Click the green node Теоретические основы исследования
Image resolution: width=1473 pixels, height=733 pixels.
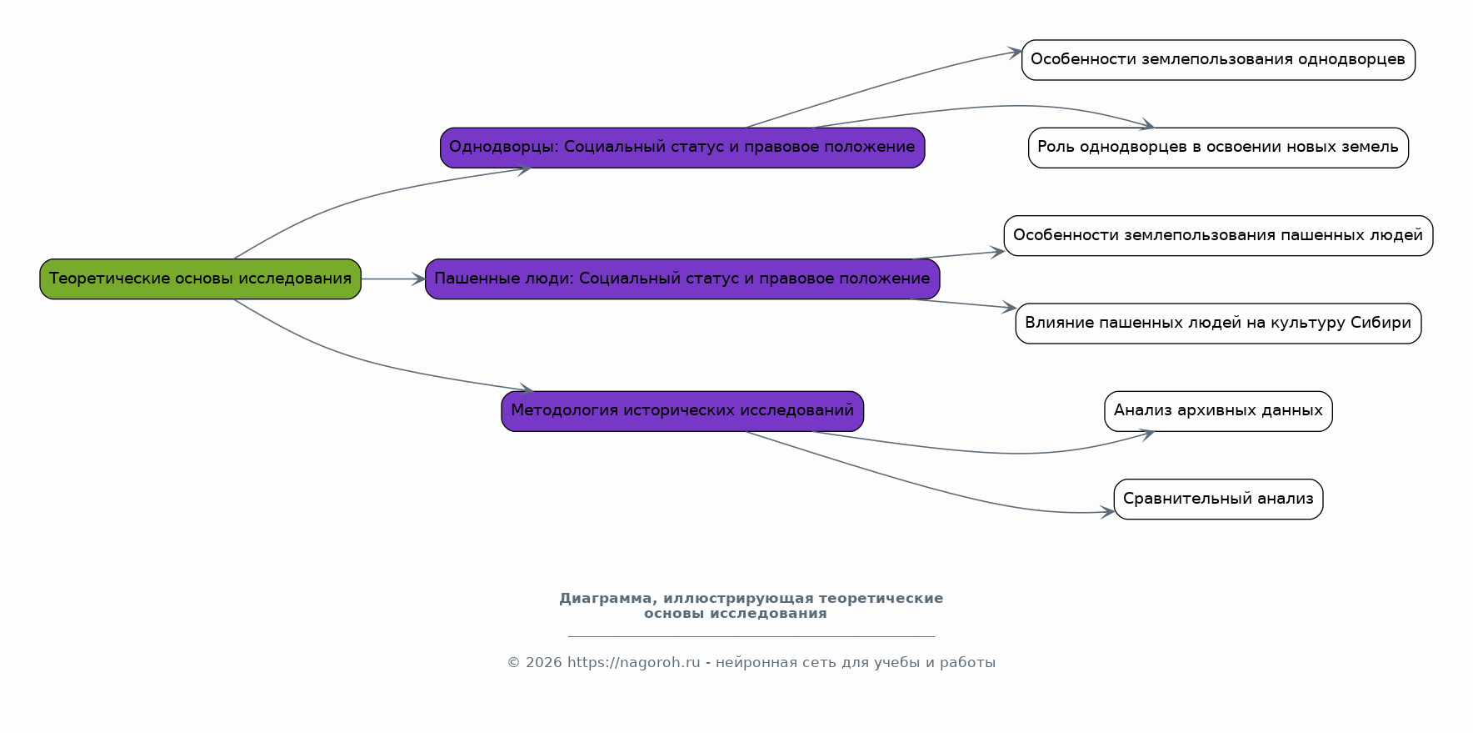pos(200,279)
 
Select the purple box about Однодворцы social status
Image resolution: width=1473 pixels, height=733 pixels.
pos(682,148)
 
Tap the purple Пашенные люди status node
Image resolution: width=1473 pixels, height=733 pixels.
pos(682,279)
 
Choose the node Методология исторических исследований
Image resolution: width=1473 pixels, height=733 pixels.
pos(682,411)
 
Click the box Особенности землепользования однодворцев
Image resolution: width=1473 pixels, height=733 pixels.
pos(1218,60)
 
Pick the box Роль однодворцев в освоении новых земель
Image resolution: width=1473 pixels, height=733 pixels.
pos(1218,148)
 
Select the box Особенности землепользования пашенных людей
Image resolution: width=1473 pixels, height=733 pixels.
pos(1218,236)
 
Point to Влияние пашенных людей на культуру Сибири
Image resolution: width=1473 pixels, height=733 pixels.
pos(1218,324)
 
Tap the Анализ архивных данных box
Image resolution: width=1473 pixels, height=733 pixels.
pos(1218,411)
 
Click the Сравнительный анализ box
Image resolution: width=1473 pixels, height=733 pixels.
pos(1218,500)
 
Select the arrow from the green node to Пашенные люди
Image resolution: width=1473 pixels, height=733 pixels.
pos(393,279)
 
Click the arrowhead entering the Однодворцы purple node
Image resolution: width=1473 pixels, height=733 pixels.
pos(524,169)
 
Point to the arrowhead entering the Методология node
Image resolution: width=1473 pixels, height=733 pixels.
pos(526,389)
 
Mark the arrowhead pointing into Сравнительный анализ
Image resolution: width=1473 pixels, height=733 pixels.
pos(1106,512)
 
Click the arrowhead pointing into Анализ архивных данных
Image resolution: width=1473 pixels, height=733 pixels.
pos(1146,434)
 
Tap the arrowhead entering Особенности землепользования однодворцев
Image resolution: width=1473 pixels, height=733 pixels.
pos(1015,53)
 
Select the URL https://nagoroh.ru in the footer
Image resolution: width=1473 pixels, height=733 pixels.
pos(633,663)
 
